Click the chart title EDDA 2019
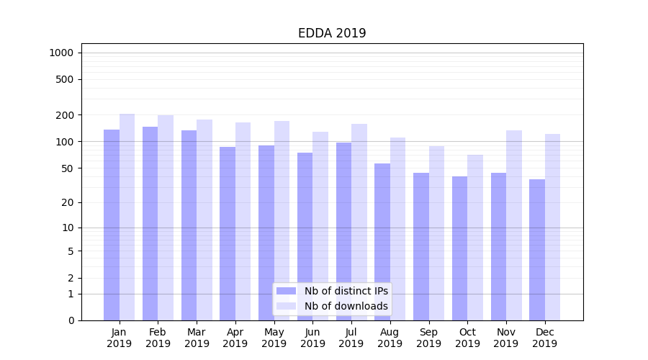click(x=332, y=34)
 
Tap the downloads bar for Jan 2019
click(x=127, y=217)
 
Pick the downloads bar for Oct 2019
click(x=475, y=238)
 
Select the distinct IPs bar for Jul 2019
click(x=343, y=231)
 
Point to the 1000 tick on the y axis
click(x=61, y=53)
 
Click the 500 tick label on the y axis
click(x=65, y=79)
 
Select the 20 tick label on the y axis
click(x=67, y=202)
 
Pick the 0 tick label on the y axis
click(x=71, y=320)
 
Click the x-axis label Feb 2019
click(x=158, y=338)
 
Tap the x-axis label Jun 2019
click(x=312, y=338)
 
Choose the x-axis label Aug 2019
click(x=390, y=338)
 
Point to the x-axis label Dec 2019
click(x=545, y=338)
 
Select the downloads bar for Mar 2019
click(x=204, y=220)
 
